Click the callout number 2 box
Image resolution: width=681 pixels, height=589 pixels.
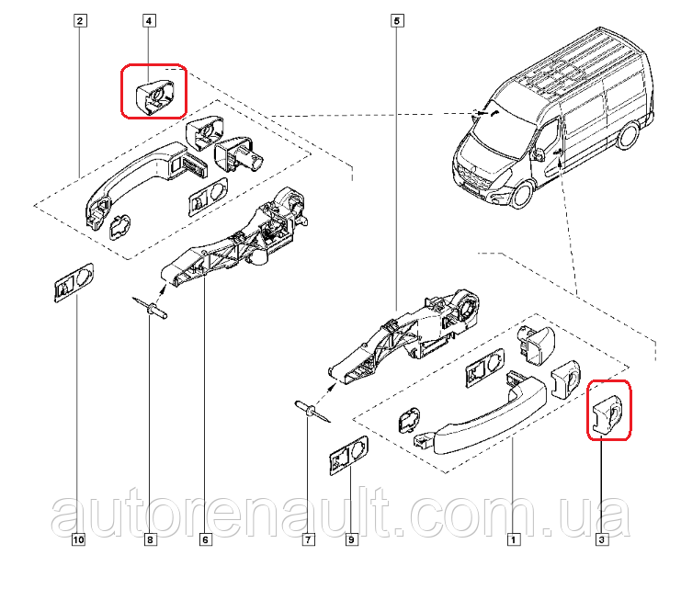coord(79,20)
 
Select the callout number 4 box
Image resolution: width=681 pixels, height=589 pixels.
coord(149,20)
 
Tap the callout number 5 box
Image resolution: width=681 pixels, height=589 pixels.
coord(397,20)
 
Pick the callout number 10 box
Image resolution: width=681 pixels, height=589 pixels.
coord(78,539)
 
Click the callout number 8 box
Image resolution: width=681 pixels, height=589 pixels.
coord(150,539)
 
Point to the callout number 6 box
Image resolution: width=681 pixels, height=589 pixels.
coord(206,539)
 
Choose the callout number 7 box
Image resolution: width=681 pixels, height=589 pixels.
coord(309,539)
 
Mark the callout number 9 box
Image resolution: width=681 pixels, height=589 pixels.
coord(351,539)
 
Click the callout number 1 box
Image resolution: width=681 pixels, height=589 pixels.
coord(514,539)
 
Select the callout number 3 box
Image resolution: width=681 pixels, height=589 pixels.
coord(602,539)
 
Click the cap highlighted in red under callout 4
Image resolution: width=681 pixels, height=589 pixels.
coord(155,96)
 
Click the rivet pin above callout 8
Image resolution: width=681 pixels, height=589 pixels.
coord(151,307)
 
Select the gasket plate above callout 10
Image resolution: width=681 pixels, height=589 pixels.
coord(74,282)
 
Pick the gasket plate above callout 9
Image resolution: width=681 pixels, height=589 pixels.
coord(348,455)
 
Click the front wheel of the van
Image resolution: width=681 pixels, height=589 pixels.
coord(522,194)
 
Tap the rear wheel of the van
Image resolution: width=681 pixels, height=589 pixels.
coord(628,135)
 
